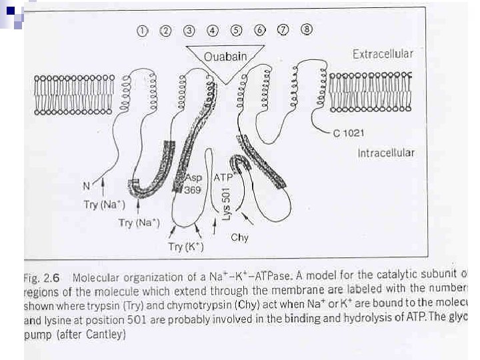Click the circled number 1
pyautogui.click(x=142, y=31)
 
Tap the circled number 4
pyautogui.click(x=213, y=31)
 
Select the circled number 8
pyautogui.click(x=306, y=30)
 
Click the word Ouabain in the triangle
pyautogui.click(x=225, y=57)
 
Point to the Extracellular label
pyautogui.click(x=383, y=54)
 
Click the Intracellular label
pyautogui.click(x=385, y=153)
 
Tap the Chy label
pyautogui.click(x=239, y=237)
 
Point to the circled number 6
pyautogui.click(x=259, y=31)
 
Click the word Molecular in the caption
pyautogui.click(x=99, y=276)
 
